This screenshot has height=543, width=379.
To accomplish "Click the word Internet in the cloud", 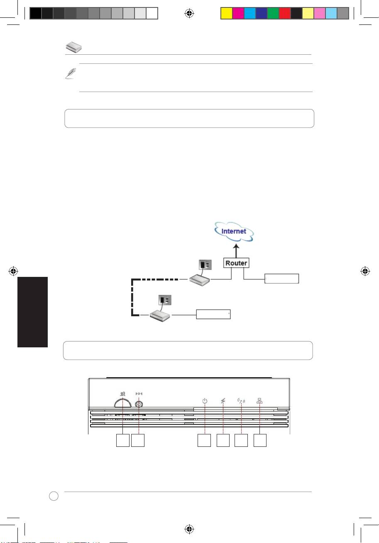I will pos(234,231).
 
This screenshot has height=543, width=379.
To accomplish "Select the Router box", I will pos(236,263).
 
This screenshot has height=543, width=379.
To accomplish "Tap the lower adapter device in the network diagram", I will pos(160,315).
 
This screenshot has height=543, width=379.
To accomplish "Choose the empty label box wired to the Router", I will pos(282,278).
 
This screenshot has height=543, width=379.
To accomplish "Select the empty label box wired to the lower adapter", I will pos(213,315).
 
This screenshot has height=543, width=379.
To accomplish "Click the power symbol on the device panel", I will pos(205,401).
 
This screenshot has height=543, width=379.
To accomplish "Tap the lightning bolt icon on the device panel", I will pos(223,401).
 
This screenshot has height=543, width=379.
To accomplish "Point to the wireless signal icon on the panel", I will pos(241,401).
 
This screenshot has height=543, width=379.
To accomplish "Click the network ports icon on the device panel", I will pos(260,401).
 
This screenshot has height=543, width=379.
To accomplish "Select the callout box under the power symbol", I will pos(204,441).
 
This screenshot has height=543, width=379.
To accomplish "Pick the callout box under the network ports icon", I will pos(260,441).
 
